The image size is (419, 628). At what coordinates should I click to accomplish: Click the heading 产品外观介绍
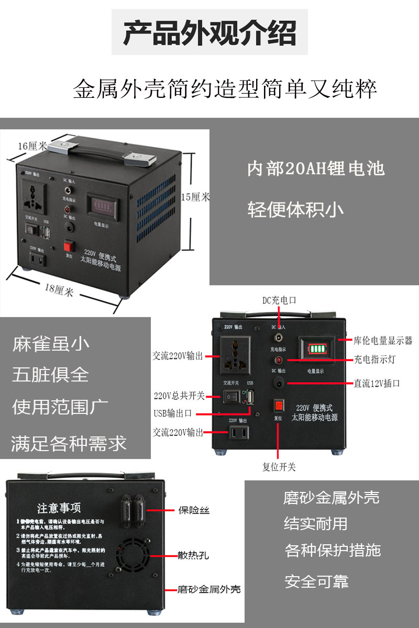[x=210, y=32]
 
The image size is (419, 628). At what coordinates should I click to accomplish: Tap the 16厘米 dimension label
[x=32, y=145]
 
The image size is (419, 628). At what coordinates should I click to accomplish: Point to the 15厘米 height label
[x=195, y=197]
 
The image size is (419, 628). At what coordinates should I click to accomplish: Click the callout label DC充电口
[x=279, y=300]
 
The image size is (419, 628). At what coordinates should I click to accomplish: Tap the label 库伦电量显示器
[x=383, y=341]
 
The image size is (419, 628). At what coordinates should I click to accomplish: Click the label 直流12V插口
[x=377, y=384]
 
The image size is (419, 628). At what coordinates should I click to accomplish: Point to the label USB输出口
[x=173, y=413]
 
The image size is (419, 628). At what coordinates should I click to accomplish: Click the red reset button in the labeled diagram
[x=279, y=405]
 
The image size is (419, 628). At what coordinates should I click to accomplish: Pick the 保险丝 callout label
[x=194, y=510]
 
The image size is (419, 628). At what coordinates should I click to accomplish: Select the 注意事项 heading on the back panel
[x=59, y=508]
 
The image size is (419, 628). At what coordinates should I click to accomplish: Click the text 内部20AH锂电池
[x=316, y=169]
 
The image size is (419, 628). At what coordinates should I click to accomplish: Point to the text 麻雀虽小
[x=51, y=344]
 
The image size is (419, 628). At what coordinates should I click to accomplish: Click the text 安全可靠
[x=316, y=581]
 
